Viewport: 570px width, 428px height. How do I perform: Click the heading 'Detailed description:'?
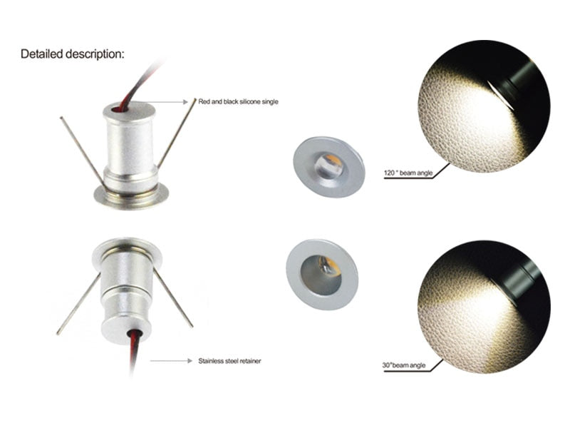tap(72, 53)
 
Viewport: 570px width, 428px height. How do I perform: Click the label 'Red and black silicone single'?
tap(238, 102)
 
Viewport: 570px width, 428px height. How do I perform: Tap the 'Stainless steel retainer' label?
tap(229, 361)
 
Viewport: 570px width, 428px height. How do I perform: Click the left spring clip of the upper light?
tap(81, 150)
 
